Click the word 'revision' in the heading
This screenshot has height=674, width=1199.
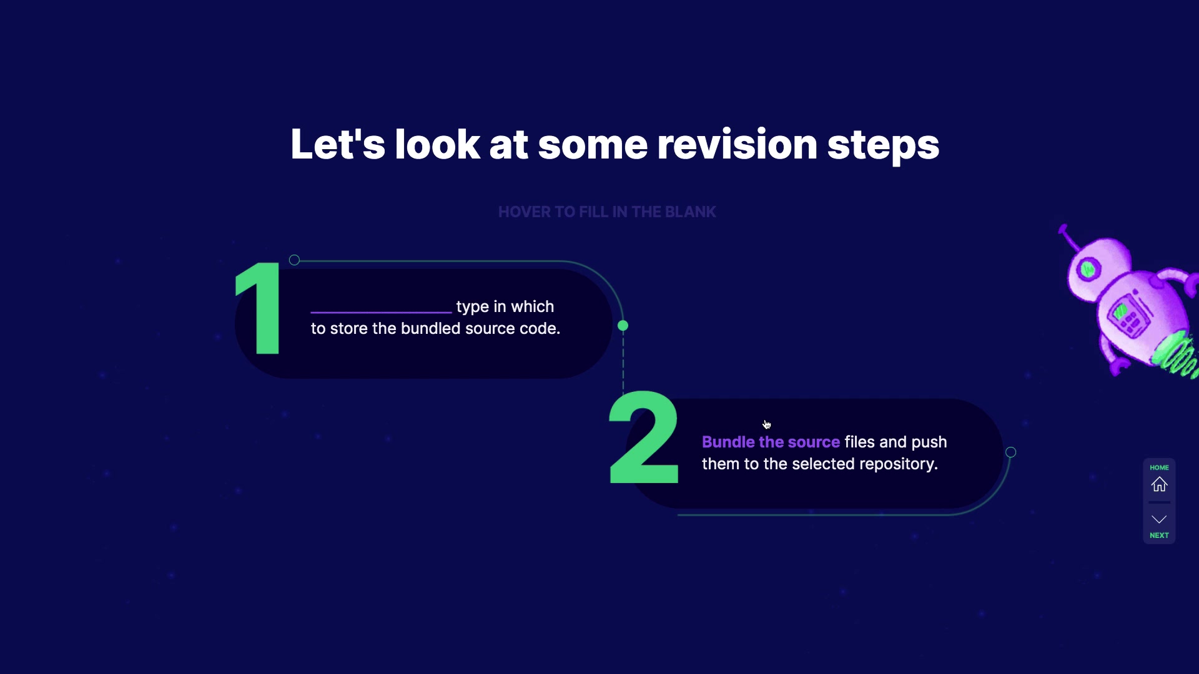(737, 145)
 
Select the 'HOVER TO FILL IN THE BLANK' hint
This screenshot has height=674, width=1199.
(607, 212)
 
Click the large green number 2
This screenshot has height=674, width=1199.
(644, 437)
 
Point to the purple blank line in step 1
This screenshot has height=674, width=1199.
(381, 311)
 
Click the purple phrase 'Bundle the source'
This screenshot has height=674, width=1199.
(771, 442)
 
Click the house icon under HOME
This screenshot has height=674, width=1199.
(1159, 484)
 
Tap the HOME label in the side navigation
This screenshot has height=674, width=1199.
(1159, 467)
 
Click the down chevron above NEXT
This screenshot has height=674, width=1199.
(1159, 519)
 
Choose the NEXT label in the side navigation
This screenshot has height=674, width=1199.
(1159, 535)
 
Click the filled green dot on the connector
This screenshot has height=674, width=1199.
(623, 326)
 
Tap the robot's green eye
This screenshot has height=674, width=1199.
(1088, 269)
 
